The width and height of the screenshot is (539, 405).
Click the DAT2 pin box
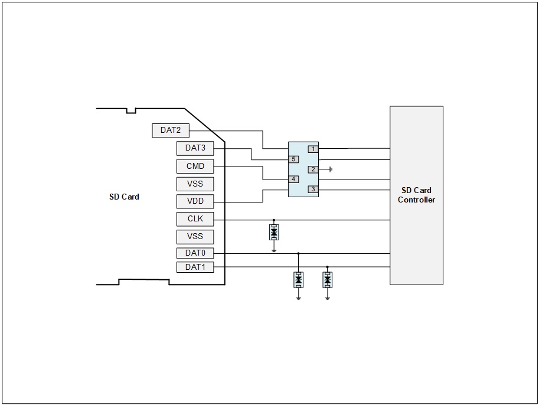(171, 130)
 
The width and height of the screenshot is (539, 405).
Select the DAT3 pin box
(195, 148)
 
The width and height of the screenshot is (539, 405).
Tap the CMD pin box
(195, 166)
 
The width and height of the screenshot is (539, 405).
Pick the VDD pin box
(195, 201)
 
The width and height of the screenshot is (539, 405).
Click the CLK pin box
(195, 218)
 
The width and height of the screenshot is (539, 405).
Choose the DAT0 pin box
(195, 253)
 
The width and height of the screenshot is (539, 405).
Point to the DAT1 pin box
(195, 267)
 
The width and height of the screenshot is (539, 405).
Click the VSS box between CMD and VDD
(195, 184)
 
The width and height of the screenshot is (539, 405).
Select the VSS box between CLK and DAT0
(195, 237)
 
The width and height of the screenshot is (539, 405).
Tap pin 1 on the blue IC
(313, 149)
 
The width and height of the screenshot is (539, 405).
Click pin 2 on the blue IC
(313, 169)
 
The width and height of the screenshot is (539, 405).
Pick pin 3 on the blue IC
(313, 189)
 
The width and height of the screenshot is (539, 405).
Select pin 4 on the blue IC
(293, 179)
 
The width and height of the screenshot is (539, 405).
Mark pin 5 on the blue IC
(293, 159)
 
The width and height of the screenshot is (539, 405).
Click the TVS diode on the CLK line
(274, 233)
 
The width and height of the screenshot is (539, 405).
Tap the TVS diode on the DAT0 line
(298, 280)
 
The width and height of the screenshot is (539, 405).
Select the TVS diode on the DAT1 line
(328, 280)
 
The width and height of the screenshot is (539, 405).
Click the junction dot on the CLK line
(274, 220)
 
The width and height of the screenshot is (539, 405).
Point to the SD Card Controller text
(416, 195)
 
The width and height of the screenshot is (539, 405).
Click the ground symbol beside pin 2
(331, 169)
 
